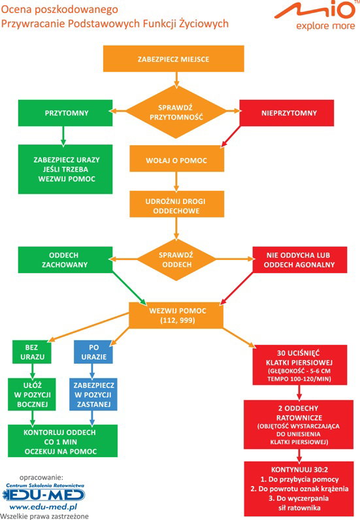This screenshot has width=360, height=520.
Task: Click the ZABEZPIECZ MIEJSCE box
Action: pyautogui.click(x=174, y=59)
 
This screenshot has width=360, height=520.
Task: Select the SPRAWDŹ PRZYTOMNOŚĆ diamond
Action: pyautogui.click(x=176, y=112)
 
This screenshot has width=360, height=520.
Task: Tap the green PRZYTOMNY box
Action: pyautogui.click(x=65, y=113)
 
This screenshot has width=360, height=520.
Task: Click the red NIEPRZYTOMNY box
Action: pyautogui.click(x=287, y=113)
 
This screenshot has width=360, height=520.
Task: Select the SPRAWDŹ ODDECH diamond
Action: pyautogui.click(x=176, y=259)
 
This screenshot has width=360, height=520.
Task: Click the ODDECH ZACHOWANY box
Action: pyautogui.click(x=65, y=260)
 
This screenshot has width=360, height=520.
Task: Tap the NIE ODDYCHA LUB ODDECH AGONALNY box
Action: pyautogui.click(x=300, y=260)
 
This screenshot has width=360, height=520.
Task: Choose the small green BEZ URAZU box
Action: pyautogui.click(x=32, y=352)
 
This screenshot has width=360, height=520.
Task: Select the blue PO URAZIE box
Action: pyautogui.click(x=93, y=352)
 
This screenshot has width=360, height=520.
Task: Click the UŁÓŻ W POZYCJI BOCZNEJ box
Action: pyautogui.click(x=32, y=395)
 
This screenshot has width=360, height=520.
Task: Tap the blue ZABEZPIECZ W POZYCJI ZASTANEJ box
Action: pyautogui.click(x=93, y=395)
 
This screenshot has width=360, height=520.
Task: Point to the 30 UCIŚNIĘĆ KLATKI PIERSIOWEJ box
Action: pyautogui.click(x=300, y=365)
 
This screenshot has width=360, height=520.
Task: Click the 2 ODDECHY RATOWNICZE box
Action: pyautogui.click(x=299, y=425)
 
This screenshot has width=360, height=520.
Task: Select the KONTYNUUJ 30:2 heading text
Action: pyautogui.click(x=299, y=470)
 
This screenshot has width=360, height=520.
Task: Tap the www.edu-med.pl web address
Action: pyautogui.click(x=43, y=507)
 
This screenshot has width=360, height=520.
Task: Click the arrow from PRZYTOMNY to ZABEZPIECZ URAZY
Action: pyautogui.click(x=63, y=136)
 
